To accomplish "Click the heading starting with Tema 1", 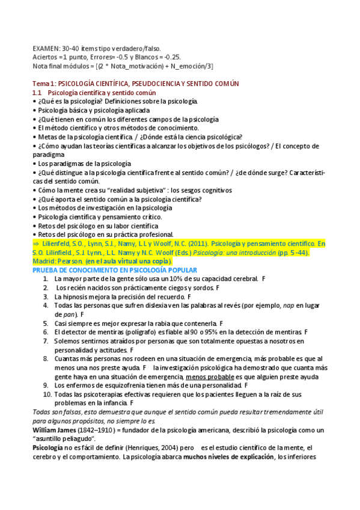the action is coord(136,84).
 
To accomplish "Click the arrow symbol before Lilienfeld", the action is coord(35,244).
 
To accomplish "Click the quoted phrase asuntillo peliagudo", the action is coord(61,439).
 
